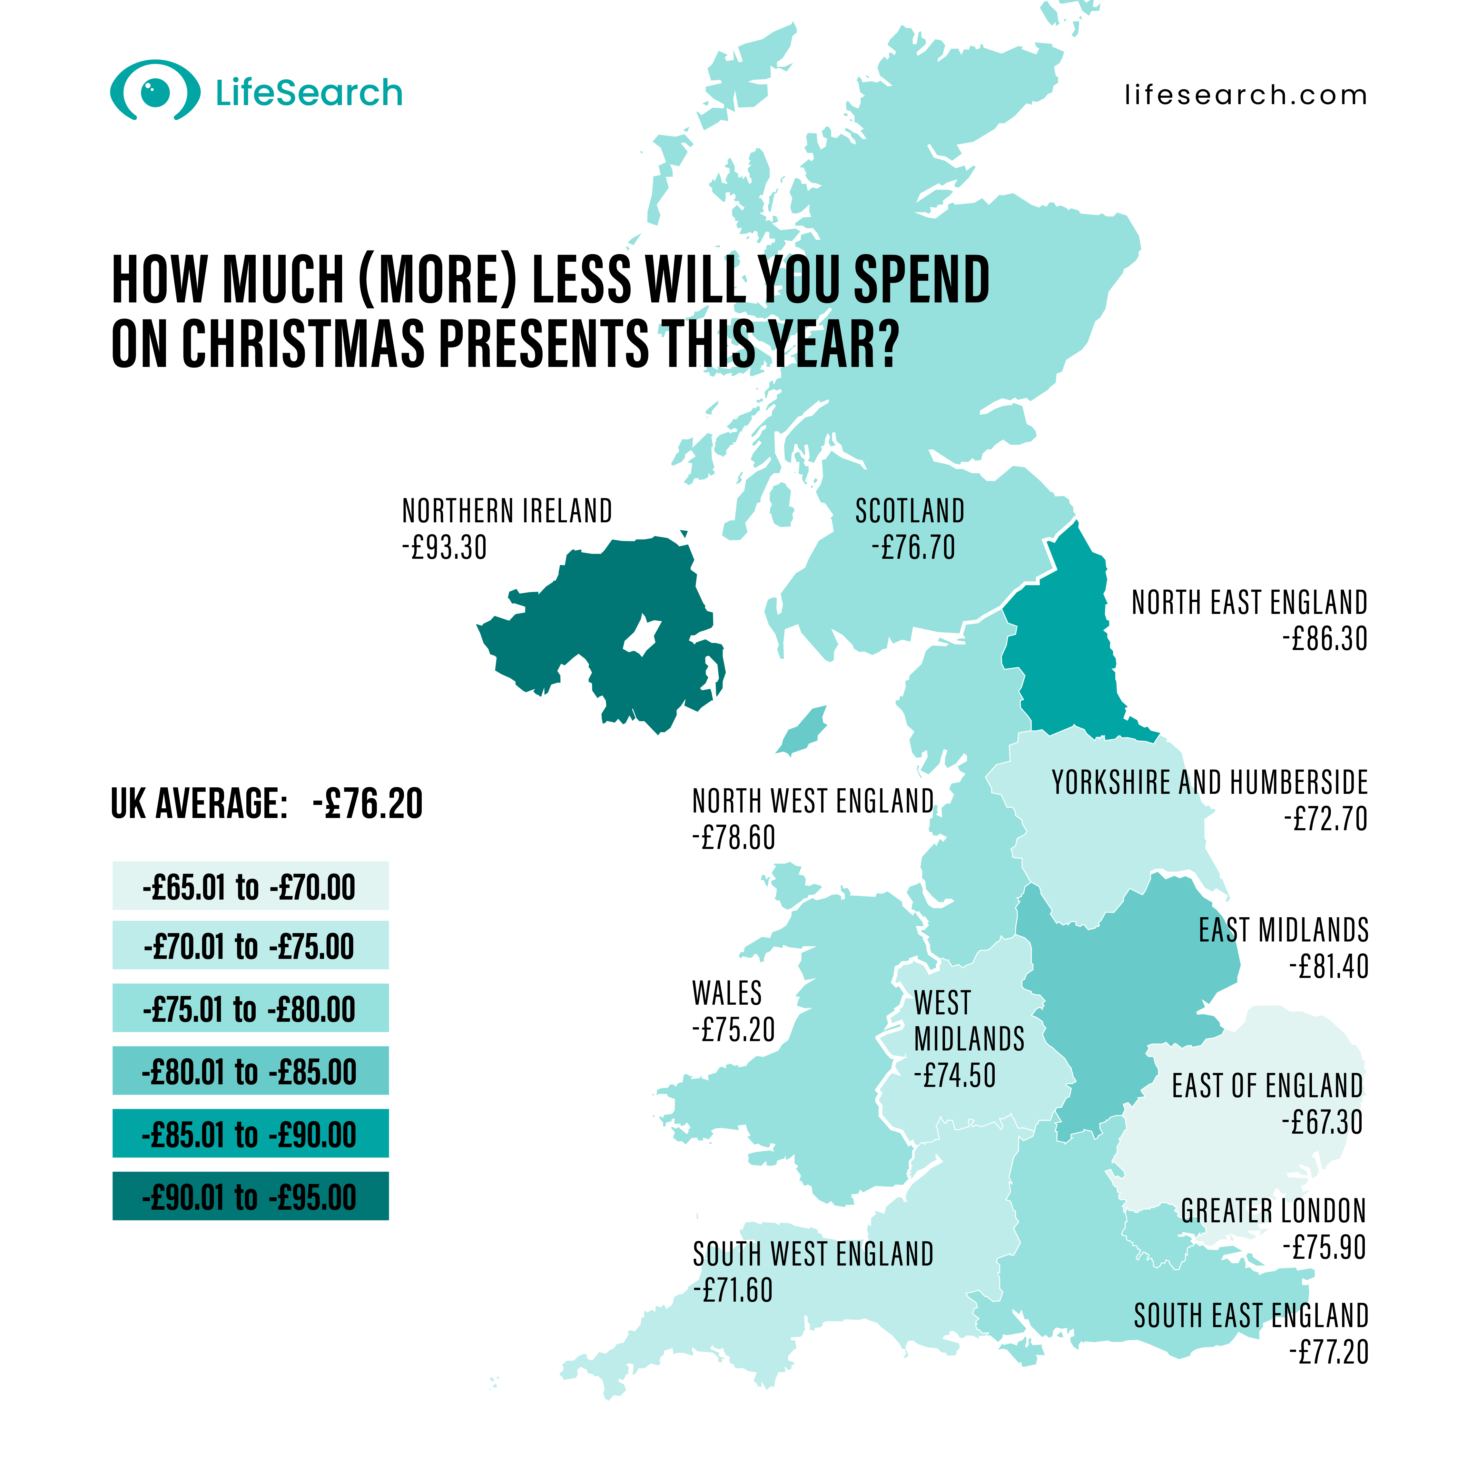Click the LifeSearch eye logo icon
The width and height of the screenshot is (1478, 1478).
(155, 92)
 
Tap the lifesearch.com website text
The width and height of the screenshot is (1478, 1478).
(1246, 96)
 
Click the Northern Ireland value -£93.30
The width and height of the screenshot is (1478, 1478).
(445, 548)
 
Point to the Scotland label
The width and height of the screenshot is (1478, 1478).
(910, 511)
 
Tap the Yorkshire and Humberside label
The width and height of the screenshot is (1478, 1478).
(1209, 783)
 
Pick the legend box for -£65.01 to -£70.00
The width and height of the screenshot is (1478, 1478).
(250, 886)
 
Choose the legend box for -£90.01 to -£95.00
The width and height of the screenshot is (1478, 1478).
(250, 1197)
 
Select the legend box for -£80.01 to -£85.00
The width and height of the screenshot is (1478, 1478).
(250, 1071)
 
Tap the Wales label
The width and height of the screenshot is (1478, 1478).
(727, 993)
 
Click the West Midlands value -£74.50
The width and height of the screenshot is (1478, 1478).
(955, 1076)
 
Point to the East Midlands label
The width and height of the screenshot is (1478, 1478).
(1283, 930)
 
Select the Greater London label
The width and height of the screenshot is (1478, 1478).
(1273, 1211)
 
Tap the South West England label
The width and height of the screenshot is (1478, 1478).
(813, 1255)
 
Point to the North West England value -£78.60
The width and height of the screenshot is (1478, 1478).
(734, 838)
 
